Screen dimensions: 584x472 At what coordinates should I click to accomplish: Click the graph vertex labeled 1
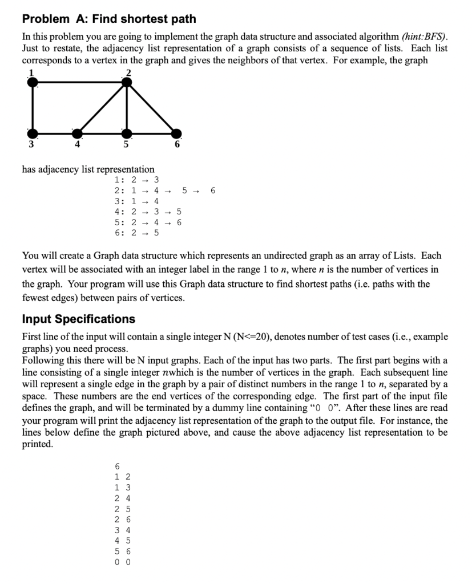(x=34, y=82)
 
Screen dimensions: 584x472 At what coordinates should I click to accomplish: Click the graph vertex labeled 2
(x=127, y=82)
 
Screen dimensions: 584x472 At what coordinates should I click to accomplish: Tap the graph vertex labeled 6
(x=177, y=133)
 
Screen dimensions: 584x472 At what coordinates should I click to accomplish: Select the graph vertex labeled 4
(x=76, y=133)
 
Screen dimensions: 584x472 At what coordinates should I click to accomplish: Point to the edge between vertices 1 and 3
(x=34, y=108)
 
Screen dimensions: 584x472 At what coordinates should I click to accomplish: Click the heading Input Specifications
(x=78, y=318)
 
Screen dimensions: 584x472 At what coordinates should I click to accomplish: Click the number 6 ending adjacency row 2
(x=213, y=190)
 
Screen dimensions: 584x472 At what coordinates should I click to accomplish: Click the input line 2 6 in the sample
(x=123, y=520)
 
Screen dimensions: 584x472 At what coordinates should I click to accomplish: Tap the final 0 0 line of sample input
(x=123, y=562)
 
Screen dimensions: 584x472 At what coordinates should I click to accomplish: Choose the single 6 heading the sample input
(x=118, y=467)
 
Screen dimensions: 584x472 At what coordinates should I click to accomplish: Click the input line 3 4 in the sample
(x=123, y=530)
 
